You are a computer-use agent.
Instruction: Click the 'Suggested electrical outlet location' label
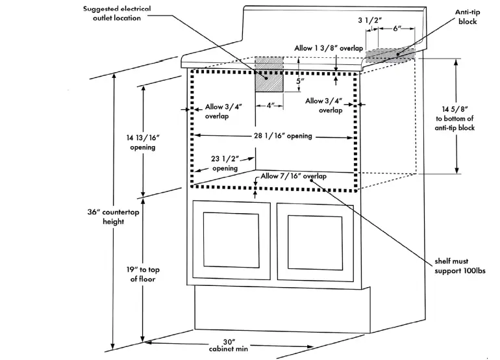point(118,14)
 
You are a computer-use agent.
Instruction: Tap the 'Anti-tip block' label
point(467,17)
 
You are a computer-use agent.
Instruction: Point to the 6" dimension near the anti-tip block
point(397,29)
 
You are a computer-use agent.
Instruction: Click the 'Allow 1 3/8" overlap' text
point(329,48)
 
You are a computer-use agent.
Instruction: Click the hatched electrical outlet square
point(269,82)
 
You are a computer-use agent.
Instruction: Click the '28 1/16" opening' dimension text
point(283,136)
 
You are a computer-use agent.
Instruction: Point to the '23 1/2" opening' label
point(225,162)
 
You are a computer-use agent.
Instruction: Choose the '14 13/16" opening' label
point(142,142)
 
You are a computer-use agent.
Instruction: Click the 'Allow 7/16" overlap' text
point(294,177)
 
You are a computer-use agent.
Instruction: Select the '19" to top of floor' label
point(143,274)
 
